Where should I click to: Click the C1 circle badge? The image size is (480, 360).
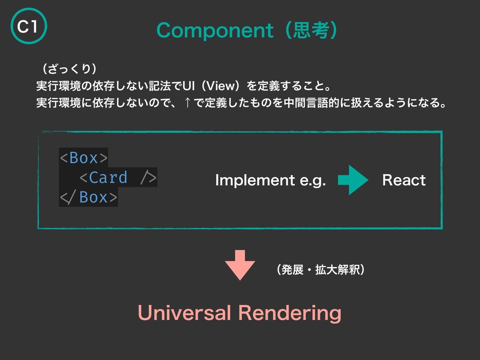[27, 27]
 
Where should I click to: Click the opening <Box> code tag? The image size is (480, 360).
[83, 158]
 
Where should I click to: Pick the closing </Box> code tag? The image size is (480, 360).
[89, 197]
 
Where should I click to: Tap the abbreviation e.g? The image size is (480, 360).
[314, 181]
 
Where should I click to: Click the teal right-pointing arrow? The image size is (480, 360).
[352, 180]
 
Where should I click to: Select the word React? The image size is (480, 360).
[404, 180]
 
